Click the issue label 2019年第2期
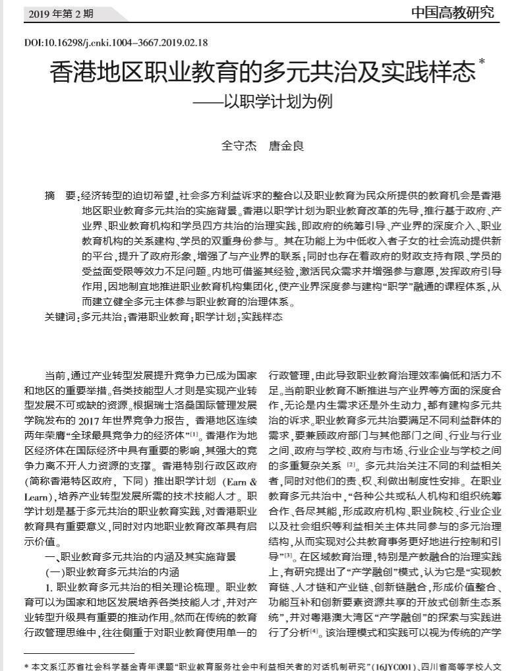61,13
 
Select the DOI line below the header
115,43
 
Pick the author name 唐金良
286,146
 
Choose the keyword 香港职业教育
158,317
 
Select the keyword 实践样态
262,317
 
